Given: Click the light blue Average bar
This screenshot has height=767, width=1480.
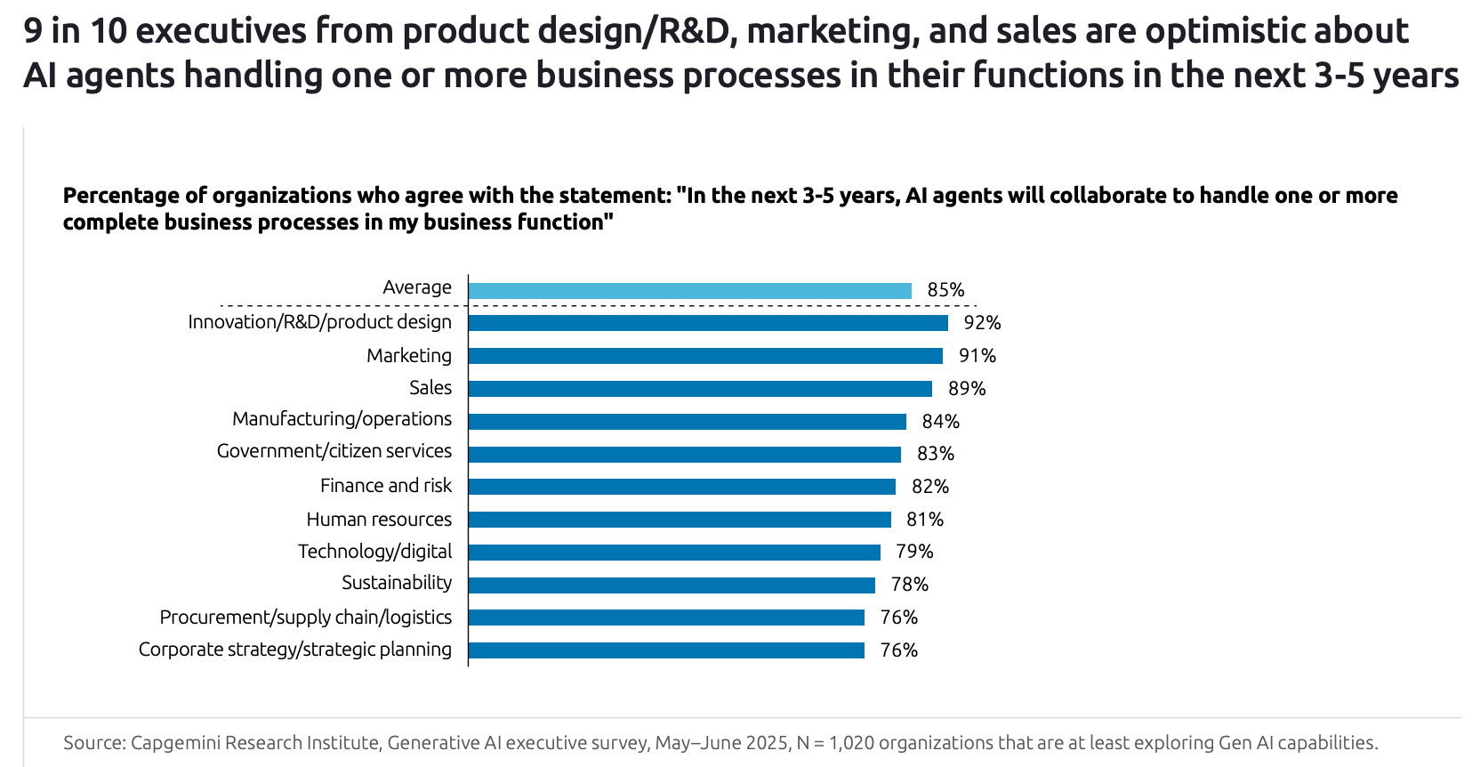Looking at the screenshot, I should click(x=690, y=291).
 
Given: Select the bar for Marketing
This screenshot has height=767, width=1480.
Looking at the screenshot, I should click(x=705, y=356).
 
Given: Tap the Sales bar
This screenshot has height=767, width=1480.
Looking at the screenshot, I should click(x=700, y=389).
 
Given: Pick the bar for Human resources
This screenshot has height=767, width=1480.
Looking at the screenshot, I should click(x=680, y=520).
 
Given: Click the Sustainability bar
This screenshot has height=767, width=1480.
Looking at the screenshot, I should click(x=672, y=585).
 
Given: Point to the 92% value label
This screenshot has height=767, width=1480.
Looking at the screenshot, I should click(x=982, y=323).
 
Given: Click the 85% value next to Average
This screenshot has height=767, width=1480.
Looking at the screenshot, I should click(x=945, y=290).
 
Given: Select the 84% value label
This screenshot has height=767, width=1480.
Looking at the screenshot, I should click(x=940, y=421).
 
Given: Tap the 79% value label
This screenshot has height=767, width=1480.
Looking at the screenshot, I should click(x=914, y=552).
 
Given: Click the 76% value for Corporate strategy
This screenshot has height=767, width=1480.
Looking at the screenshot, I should click(x=898, y=650).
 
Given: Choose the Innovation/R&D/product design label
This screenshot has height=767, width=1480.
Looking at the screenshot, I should click(x=319, y=322).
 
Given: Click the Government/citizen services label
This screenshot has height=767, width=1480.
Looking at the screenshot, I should click(x=334, y=451).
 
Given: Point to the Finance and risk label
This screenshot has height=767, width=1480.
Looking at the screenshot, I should click(x=385, y=486).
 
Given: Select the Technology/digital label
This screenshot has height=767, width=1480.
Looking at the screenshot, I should click(x=374, y=552).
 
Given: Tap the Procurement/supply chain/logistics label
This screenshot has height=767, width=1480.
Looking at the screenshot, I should click(x=305, y=618).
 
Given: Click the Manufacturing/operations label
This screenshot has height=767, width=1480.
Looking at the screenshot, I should click(x=342, y=419).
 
